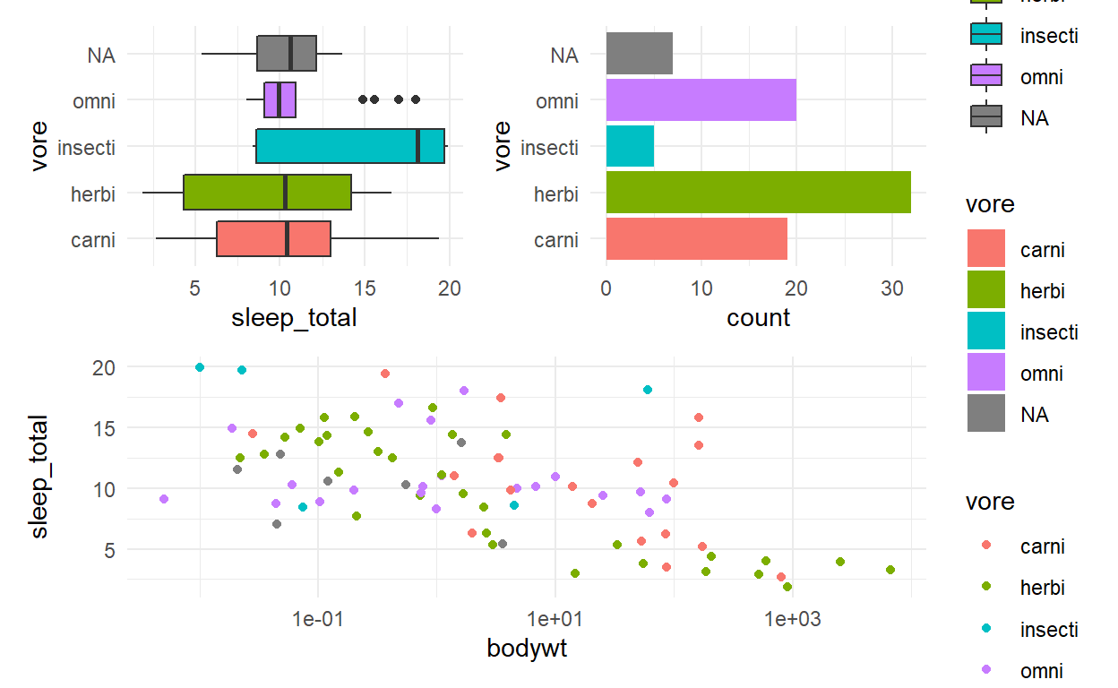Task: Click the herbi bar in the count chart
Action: pyautogui.click(x=758, y=193)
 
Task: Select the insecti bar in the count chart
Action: pyautogui.click(x=630, y=146)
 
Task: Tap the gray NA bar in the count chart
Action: pyautogui.click(x=639, y=54)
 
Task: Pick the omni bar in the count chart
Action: pyautogui.click(x=701, y=100)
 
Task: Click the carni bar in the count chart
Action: pyautogui.click(x=696, y=239)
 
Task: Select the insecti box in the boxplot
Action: pyautogui.click(x=350, y=146)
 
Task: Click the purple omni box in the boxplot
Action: pyautogui.click(x=279, y=100)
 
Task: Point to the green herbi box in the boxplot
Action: pyautogui.click(x=267, y=193)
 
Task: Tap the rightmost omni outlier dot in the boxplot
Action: pyautogui.click(x=416, y=99)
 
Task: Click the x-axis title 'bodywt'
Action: pyautogui.click(x=527, y=648)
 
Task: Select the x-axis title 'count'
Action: pyautogui.click(x=758, y=317)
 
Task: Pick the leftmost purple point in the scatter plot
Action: pyautogui.click(x=163, y=499)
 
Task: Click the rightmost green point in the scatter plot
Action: pyautogui.click(x=890, y=570)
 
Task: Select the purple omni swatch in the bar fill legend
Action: pyautogui.click(x=985, y=374)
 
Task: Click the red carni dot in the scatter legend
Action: pyautogui.click(x=985, y=545)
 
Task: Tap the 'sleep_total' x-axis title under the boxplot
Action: pyautogui.click(x=295, y=317)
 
